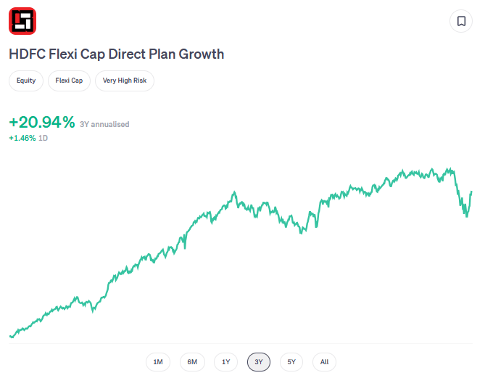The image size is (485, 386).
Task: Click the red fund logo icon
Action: point(22,21)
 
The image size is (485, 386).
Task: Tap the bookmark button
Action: point(461,21)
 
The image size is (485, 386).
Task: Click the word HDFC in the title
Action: point(26,54)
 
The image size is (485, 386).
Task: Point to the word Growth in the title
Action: point(202,54)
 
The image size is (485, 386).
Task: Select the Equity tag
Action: point(26,81)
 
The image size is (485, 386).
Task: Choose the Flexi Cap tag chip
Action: point(70,81)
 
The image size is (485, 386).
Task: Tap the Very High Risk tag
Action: point(125,81)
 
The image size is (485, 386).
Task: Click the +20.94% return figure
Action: point(42,123)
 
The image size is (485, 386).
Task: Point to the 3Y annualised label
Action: point(104,125)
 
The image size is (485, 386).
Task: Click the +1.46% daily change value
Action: point(22,138)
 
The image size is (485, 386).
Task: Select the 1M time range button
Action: point(158,362)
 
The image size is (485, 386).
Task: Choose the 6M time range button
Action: point(192,362)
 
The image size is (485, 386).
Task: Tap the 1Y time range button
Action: point(225,362)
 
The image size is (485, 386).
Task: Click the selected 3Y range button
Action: point(259,362)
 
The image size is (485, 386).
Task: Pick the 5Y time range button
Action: point(291,362)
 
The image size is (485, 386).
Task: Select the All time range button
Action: point(324,362)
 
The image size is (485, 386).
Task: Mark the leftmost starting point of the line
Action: point(10,336)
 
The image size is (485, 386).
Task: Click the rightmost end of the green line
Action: point(471,192)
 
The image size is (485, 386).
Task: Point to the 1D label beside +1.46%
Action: point(43,138)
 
